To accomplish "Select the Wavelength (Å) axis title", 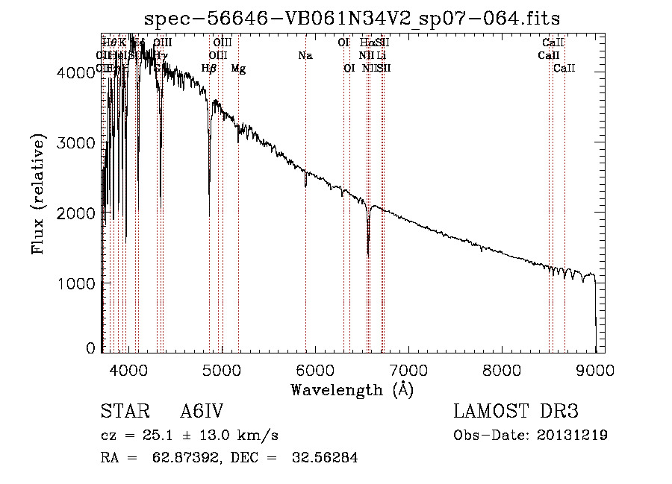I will point(352,389).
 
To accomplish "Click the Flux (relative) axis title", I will point(38,194).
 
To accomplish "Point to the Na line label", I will point(305,56).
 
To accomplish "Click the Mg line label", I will point(238,69).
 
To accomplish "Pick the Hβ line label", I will point(209,69).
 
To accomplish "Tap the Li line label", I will point(381,56).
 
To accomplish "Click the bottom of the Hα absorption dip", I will point(368,255).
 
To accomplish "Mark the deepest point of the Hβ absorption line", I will point(209,215).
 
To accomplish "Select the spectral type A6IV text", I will point(202,412).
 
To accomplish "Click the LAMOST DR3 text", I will point(515,412).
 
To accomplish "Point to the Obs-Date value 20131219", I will point(570,436).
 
